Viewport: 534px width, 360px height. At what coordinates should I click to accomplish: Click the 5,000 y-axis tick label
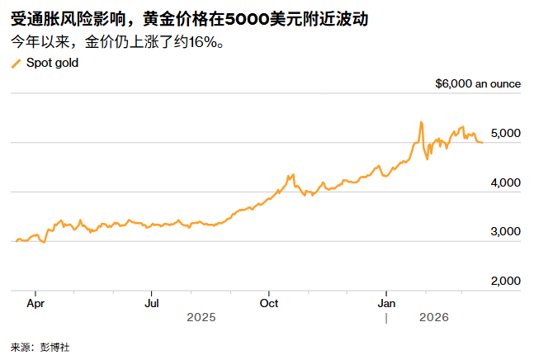(x=504, y=134)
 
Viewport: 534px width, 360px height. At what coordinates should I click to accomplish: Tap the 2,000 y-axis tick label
(x=504, y=281)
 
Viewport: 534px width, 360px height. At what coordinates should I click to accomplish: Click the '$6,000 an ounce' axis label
(x=478, y=83)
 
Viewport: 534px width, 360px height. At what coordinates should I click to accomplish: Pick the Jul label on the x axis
(x=152, y=303)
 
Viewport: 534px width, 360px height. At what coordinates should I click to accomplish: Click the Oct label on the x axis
(x=269, y=303)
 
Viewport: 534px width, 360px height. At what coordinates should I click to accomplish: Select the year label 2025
(x=201, y=318)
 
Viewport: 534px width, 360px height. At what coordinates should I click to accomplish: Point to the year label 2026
(x=434, y=318)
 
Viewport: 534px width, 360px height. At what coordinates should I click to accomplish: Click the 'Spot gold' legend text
(x=52, y=63)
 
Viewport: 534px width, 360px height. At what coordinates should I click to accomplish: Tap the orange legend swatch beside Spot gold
(x=16, y=64)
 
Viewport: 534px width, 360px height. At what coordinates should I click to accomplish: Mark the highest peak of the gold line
(x=421, y=122)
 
